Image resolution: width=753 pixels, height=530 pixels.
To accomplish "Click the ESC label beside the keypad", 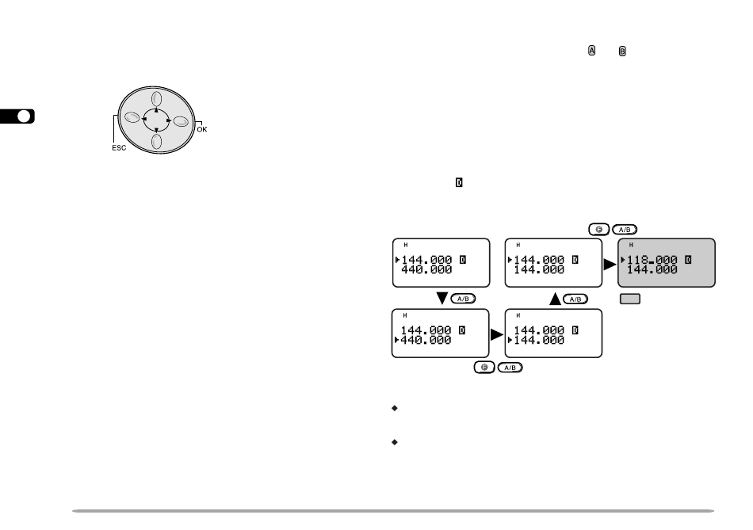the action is [x=119, y=148].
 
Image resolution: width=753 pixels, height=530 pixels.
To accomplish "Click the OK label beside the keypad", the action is [x=201, y=129].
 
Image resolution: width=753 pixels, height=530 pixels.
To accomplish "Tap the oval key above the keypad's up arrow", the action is [x=157, y=99].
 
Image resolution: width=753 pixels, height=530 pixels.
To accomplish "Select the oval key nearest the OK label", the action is [x=181, y=121].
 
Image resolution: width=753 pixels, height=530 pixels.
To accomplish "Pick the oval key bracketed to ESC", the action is [x=132, y=117].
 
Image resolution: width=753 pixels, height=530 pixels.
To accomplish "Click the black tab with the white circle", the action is [x=17, y=116].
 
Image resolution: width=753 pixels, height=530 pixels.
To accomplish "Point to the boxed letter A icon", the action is [x=591, y=51].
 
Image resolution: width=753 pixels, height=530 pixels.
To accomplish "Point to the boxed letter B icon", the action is [x=622, y=51].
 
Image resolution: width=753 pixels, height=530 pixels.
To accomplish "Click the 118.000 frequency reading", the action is [x=652, y=260].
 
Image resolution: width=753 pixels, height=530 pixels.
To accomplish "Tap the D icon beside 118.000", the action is [x=688, y=260].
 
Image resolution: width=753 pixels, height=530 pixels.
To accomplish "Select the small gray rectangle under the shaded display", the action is [x=630, y=299].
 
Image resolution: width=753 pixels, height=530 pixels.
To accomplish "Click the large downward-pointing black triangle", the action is [x=441, y=298].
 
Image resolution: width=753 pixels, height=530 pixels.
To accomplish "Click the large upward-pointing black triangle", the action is [x=555, y=299].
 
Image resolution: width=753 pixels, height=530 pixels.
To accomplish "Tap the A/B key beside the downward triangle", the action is [x=463, y=299].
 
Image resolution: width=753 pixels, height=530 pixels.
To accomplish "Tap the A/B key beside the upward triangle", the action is [x=575, y=299].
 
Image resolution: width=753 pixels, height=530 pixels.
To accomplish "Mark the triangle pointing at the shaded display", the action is [x=610, y=264].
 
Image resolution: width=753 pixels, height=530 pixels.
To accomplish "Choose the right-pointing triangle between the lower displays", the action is [x=496, y=334].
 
